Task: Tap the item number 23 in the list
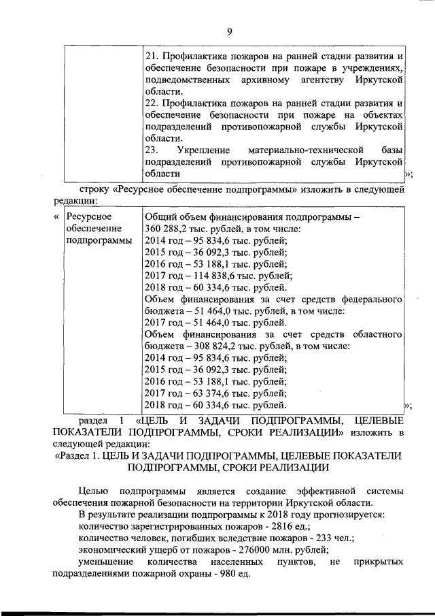point(153,150)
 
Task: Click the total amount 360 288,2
point(167,229)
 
